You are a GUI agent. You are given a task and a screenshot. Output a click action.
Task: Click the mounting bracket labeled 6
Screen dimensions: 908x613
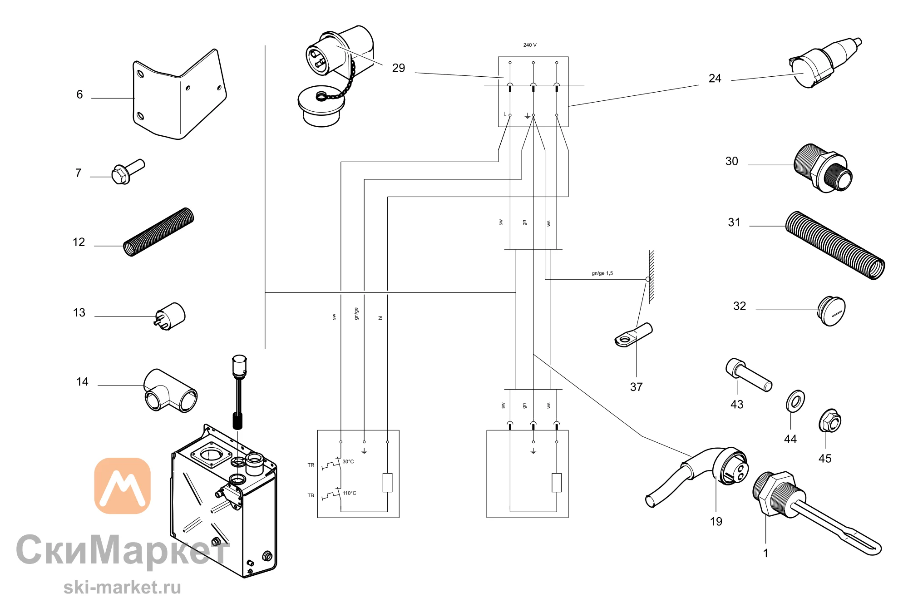click(x=179, y=98)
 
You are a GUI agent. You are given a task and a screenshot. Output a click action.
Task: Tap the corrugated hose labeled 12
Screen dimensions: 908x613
click(x=158, y=232)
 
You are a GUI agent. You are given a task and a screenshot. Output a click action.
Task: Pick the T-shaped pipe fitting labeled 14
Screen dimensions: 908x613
click(x=170, y=391)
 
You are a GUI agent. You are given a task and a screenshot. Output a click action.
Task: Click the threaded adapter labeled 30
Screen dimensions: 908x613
click(x=823, y=168)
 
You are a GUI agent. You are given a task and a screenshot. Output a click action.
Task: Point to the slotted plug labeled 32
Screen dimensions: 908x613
click(x=831, y=311)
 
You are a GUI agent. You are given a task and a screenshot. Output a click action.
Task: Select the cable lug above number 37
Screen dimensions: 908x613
click(x=633, y=335)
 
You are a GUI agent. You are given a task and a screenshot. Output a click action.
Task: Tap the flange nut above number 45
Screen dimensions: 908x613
click(x=830, y=420)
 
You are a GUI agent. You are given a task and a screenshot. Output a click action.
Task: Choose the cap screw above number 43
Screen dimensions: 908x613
click(x=749, y=375)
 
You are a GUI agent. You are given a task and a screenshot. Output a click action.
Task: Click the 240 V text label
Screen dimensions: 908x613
click(x=530, y=45)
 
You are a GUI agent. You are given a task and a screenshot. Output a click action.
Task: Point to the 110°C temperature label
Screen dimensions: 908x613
click(x=349, y=493)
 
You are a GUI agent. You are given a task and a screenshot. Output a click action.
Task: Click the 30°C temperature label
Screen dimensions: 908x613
click(x=348, y=462)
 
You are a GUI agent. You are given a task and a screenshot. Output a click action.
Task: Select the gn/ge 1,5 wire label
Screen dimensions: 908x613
click(x=602, y=273)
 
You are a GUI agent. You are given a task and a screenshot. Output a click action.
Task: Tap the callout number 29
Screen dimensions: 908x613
click(x=398, y=68)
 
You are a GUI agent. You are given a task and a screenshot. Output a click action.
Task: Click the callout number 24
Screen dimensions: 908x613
click(x=715, y=79)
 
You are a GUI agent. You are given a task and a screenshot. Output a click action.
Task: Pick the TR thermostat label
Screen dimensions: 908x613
click(x=311, y=465)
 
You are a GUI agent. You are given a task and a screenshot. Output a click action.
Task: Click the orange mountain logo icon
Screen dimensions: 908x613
click(x=122, y=486)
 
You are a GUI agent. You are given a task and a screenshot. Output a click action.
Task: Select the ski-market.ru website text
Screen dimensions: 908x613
click(x=122, y=587)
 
